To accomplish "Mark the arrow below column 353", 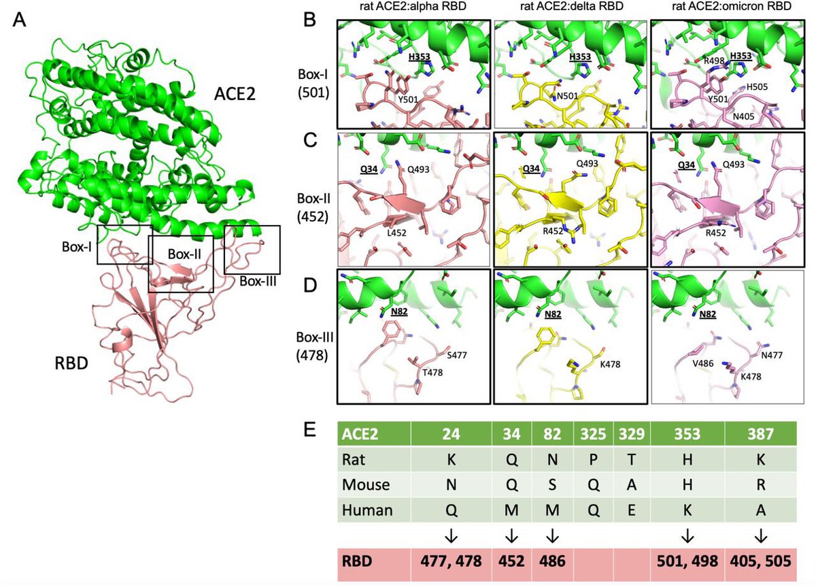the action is [687, 536].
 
